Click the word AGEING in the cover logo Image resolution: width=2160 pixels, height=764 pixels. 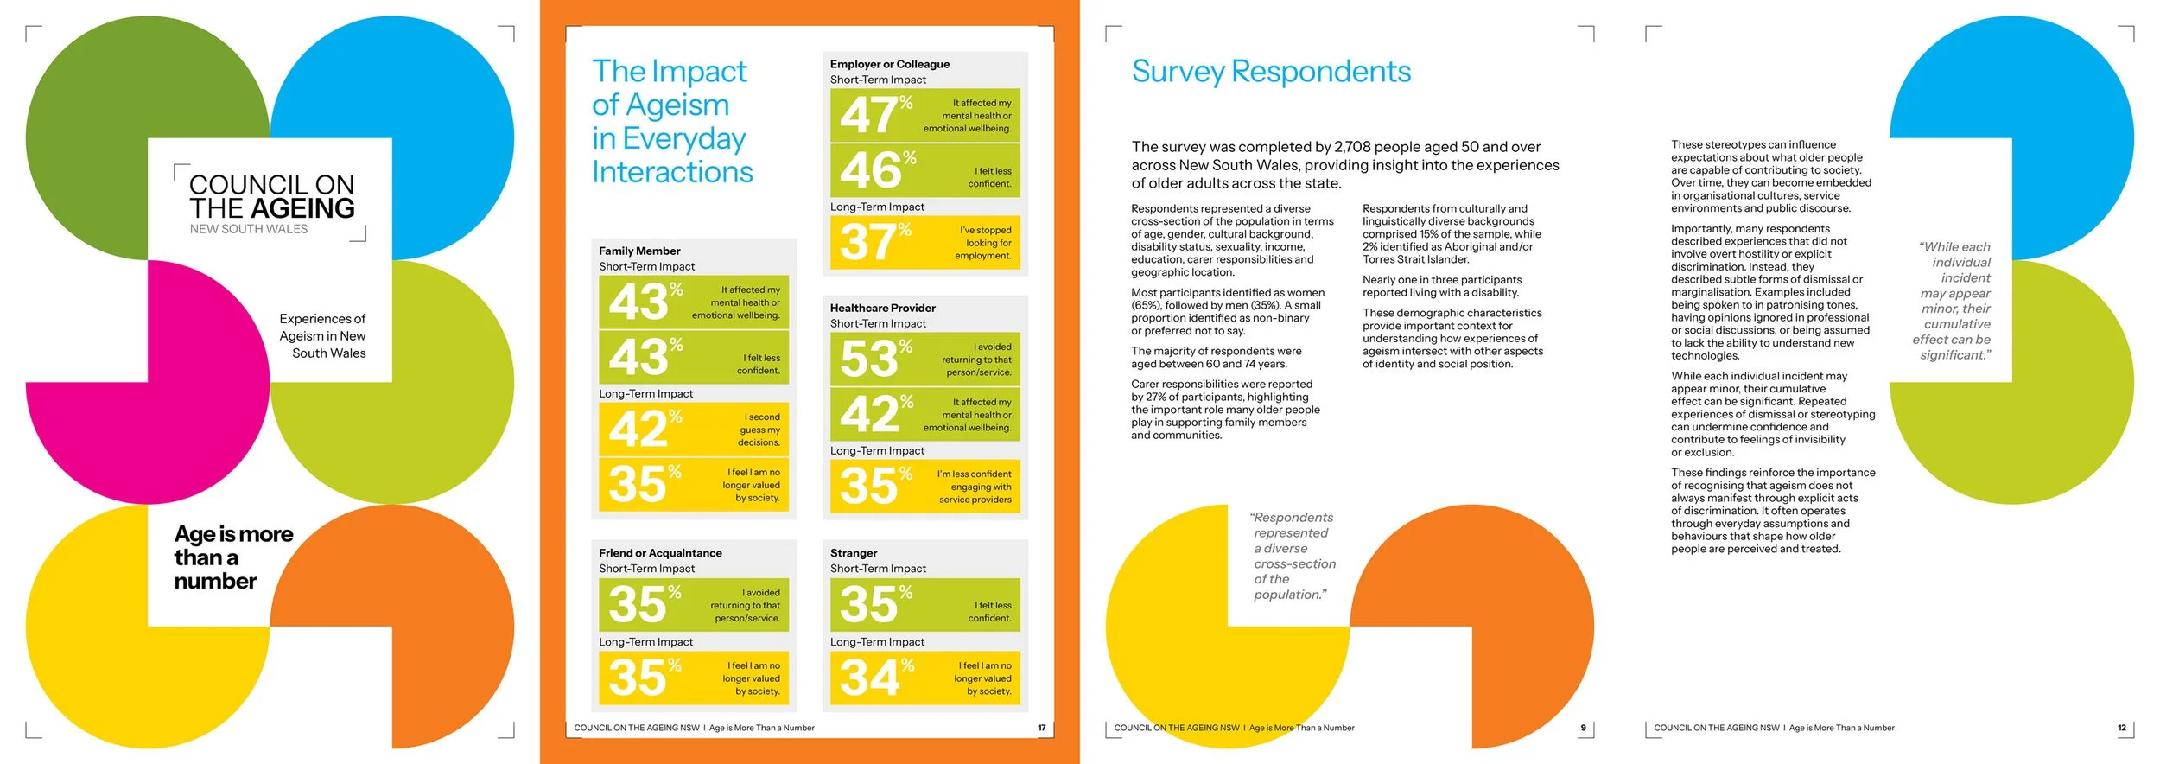click(302, 208)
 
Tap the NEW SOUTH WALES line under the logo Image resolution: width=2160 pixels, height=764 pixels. click(249, 229)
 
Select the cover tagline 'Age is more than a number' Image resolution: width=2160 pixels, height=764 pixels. click(233, 557)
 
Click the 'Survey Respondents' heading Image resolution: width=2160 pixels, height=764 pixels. click(1271, 72)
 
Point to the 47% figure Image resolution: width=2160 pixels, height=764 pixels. click(875, 115)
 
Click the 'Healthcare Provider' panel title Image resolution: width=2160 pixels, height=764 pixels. click(882, 308)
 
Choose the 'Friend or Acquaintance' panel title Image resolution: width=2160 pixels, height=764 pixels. click(660, 553)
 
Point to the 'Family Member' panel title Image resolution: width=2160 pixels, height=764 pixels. click(639, 251)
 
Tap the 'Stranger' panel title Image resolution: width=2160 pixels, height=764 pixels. click(854, 553)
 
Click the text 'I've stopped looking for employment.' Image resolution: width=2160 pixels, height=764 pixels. click(982, 243)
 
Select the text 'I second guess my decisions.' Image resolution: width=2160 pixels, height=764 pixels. click(759, 430)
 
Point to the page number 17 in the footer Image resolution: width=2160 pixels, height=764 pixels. click(1041, 728)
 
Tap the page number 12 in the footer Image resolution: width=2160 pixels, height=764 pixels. click(2122, 728)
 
